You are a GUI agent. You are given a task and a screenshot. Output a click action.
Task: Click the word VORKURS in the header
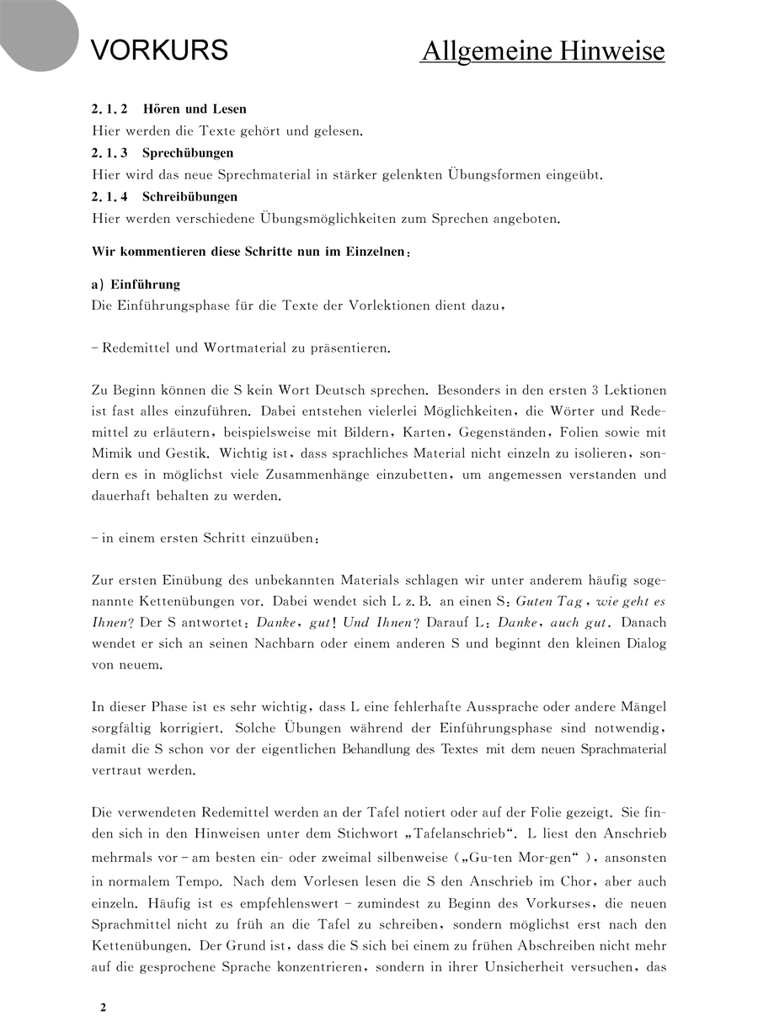tap(159, 51)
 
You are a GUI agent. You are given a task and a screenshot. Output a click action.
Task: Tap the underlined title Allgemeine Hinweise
tap(542, 51)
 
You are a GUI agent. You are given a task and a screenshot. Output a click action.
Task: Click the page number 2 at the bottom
tap(103, 1008)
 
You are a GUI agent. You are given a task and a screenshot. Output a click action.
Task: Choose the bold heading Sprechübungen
tap(188, 153)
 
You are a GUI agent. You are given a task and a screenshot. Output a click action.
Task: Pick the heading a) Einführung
tap(136, 284)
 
